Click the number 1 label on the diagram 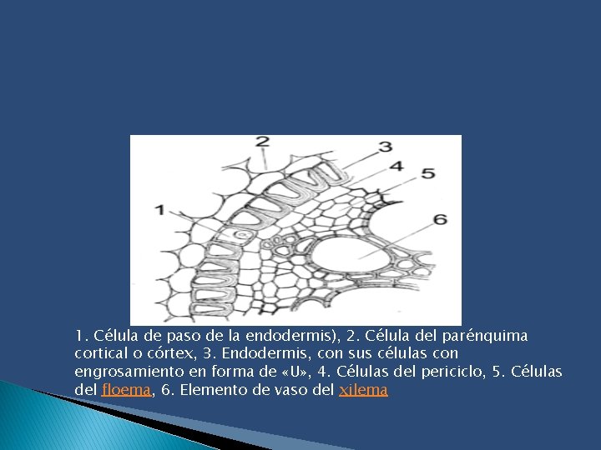point(158,209)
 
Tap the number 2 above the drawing point(262,142)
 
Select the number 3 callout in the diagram point(385,147)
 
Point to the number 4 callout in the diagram point(396,165)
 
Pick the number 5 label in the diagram point(427,173)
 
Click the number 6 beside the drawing point(440,219)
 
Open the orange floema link point(126,389)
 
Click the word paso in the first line point(188,336)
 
